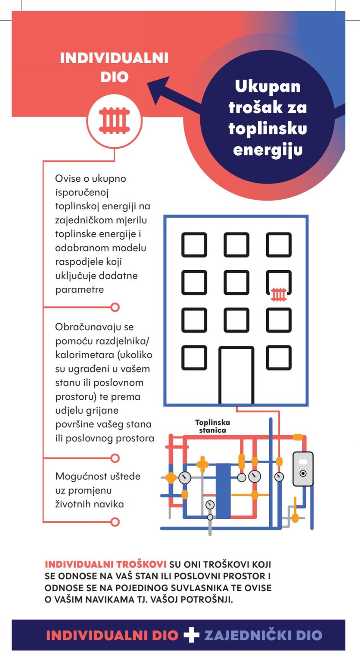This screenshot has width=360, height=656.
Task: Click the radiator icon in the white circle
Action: tap(115, 120)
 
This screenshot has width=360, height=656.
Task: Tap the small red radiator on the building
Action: tap(279, 295)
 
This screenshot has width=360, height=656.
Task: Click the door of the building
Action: tap(236, 375)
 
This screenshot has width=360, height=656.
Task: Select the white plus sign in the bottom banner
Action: tap(191, 635)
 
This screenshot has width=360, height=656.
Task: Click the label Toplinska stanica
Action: tap(213, 426)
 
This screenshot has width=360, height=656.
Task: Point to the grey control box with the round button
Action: tap(303, 469)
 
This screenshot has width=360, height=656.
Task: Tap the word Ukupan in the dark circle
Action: tap(268, 87)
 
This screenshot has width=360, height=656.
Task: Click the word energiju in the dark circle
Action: tap(268, 151)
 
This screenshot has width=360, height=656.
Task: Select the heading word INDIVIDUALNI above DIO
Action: tap(114, 58)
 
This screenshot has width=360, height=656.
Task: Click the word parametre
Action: tap(80, 290)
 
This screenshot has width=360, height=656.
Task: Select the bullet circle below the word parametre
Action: tap(115, 307)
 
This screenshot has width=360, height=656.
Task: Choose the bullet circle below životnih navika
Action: tap(115, 522)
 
